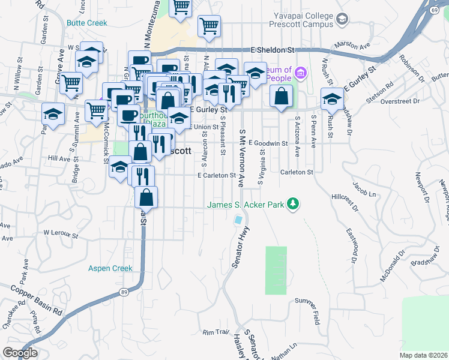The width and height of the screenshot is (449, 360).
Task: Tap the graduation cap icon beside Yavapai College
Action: [x=342, y=20]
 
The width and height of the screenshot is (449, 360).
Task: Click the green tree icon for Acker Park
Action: [x=293, y=204]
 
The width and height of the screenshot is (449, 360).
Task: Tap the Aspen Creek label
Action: [x=110, y=268]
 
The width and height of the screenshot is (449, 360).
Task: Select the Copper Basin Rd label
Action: [x=37, y=298]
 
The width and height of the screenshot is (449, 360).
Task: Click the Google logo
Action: [x=20, y=352]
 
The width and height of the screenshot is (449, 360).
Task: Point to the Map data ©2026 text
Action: [x=423, y=355]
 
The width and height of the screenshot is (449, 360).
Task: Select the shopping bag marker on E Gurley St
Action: [x=281, y=96]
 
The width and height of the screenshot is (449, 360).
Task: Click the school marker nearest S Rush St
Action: [x=331, y=98]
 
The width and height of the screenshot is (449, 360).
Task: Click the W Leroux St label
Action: [x=62, y=232]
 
